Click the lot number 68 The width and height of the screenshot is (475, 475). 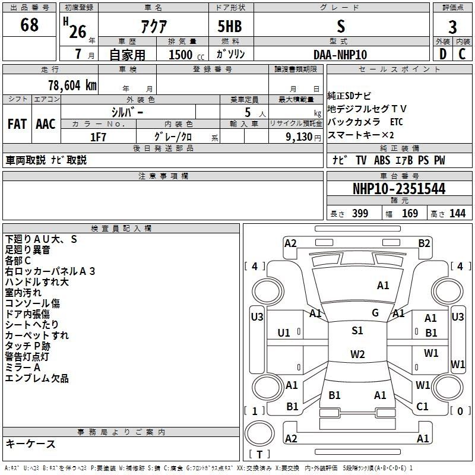pyautogui.click(x=29, y=24)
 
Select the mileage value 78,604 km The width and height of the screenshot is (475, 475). pyautogui.click(x=72, y=85)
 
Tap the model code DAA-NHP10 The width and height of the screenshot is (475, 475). pyautogui.click(x=340, y=55)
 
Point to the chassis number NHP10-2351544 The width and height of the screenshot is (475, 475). pyautogui.click(x=399, y=189)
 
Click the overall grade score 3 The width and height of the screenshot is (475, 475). pyautogui.click(x=452, y=27)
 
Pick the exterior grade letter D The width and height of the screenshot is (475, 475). pyautogui.click(x=443, y=54)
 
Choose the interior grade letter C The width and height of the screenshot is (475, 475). pyautogui.click(x=462, y=54)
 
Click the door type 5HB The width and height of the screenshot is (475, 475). pyautogui.click(x=230, y=26)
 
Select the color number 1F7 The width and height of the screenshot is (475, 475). pyautogui.click(x=98, y=137)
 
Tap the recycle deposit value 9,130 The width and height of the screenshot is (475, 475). pyautogui.click(x=299, y=137)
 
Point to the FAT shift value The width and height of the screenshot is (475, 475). pyautogui.click(x=17, y=124)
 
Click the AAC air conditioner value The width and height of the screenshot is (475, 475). pyautogui.click(x=46, y=124)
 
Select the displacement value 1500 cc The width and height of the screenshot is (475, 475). pyautogui.click(x=186, y=55)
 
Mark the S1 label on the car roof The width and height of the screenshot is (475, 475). pyautogui.click(x=357, y=331)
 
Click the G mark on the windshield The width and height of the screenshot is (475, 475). pyautogui.click(x=375, y=313)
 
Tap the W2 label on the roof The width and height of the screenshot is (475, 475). pyautogui.click(x=357, y=354)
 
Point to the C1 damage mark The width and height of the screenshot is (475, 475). pyautogui.click(x=422, y=407)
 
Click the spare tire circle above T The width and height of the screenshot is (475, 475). pyautogui.click(x=259, y=433)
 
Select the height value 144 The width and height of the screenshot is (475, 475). pyautogui.click(x=457, y=213)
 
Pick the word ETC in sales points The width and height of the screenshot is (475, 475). pyautogui.click(x=397, y=122)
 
